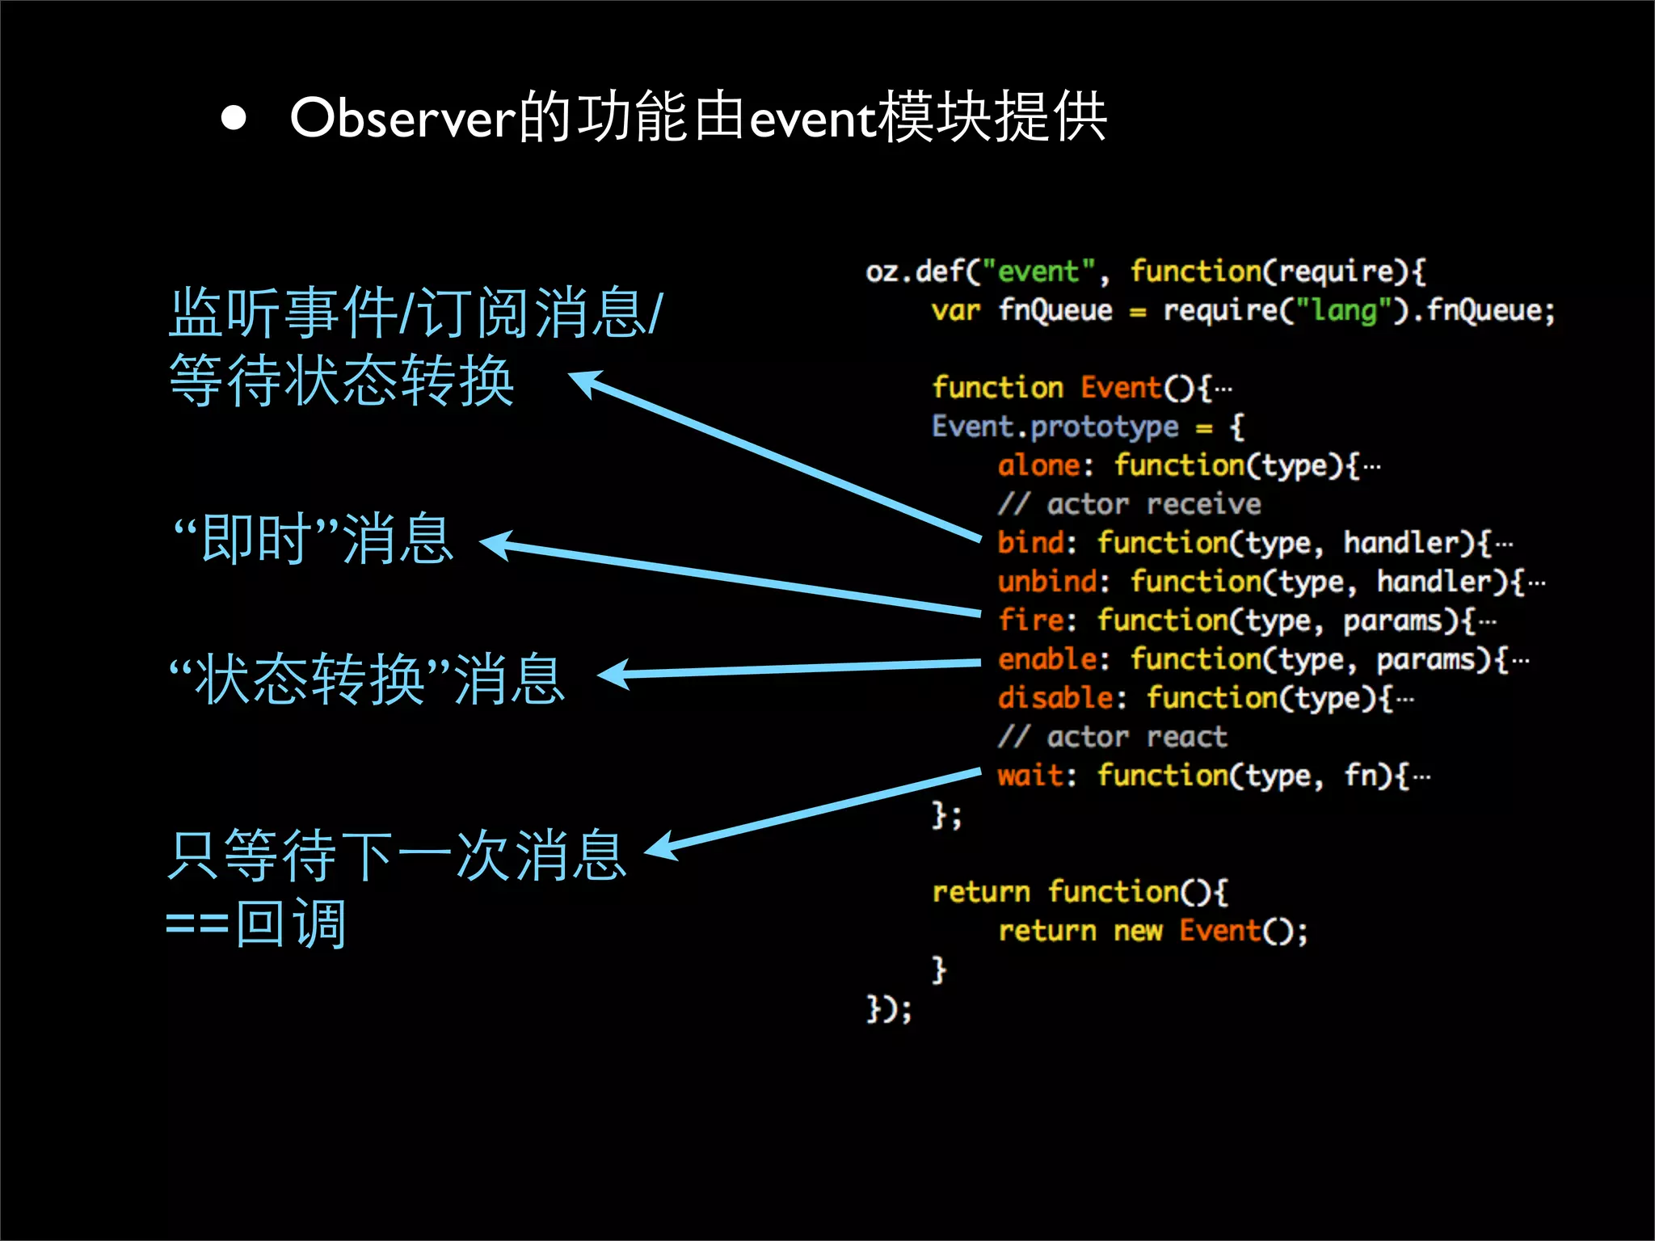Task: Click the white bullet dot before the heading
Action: click(x=234, y=118)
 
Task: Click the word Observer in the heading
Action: click(x=402, y=118)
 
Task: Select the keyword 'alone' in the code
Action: click(x=1038, y=465)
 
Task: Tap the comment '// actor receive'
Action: click(x=1129, y=504)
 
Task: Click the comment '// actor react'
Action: click(x=1112, y=737)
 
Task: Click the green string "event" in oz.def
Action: click(x=1038, y=271)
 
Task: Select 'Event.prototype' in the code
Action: click(x=1055, y=427)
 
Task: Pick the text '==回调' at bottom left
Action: click(x=256, y=923)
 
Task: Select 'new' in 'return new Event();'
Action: click(x=1138, y=931)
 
